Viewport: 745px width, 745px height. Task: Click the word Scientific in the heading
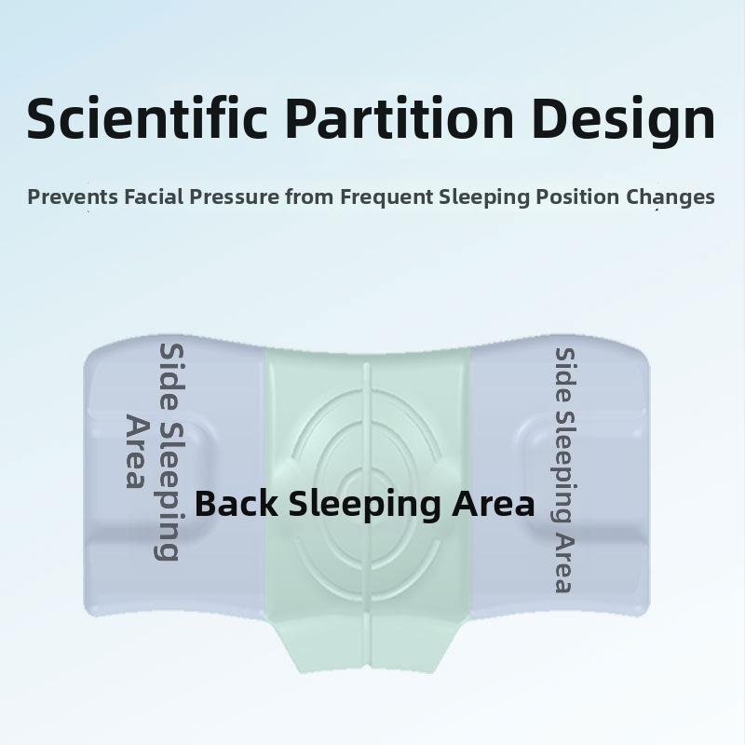147,117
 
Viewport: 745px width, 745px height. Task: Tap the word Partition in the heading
400,117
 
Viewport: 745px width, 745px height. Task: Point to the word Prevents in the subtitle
73,196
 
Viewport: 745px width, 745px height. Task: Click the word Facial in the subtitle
154,196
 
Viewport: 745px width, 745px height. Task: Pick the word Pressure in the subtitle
235,196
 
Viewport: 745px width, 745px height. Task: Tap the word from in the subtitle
309,196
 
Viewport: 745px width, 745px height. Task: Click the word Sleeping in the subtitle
484,197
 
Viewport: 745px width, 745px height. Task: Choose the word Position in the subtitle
577,196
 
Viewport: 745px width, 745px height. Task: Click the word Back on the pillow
237,503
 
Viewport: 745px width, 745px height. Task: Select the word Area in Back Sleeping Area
494,504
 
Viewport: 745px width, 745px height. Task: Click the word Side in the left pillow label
171,378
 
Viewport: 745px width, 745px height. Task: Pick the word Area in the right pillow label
565,563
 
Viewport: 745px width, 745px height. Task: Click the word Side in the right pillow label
565,374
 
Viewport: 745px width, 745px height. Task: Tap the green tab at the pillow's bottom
367,643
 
